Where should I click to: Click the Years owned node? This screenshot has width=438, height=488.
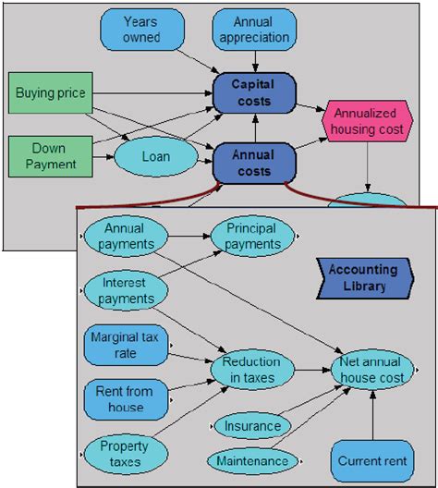141,29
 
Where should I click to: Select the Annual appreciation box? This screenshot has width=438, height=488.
254,29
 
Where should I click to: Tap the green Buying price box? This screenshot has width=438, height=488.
52,93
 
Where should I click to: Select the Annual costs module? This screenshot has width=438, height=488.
254,162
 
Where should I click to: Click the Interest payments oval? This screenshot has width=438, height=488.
126,290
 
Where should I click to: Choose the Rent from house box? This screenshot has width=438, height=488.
125,398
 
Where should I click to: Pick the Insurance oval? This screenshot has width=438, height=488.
253,426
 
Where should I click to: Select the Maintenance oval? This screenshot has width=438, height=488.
252,459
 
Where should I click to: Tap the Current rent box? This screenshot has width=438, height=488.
371,460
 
